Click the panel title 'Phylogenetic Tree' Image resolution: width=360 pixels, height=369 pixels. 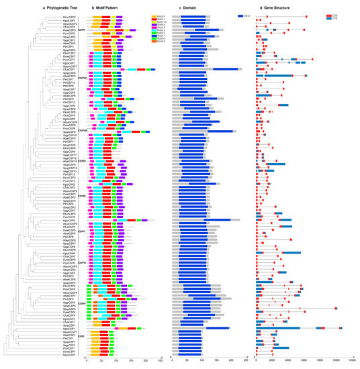[34, 8]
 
